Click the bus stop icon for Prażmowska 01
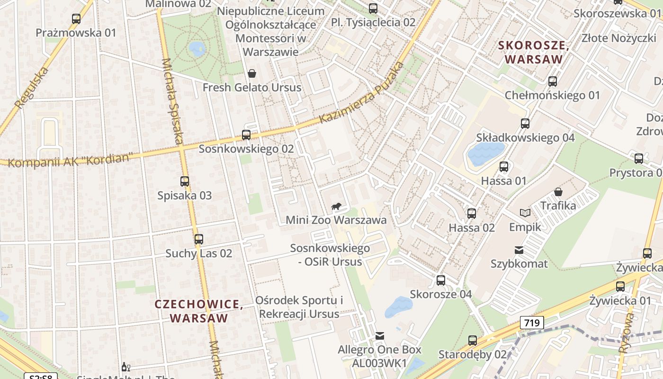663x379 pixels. [x=76, y=19]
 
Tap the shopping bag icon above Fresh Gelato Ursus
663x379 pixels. [x=252, y=73]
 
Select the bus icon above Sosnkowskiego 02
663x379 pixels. [x=246, y=135]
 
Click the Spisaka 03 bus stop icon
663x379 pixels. [x=185, y=181]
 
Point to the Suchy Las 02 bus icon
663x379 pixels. [x=199, y=239]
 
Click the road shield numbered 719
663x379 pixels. [x=532, y=323]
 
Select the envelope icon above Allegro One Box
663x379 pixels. [x=379, y=336]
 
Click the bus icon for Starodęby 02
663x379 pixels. [x=472, y=340]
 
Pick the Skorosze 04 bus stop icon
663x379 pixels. [x=441, y=280]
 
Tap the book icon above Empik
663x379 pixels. [x=525, y=213]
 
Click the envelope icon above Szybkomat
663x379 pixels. [x=519, y=250]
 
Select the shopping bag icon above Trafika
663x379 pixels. [x=558, y=191]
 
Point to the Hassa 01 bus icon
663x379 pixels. [x=504, y=167]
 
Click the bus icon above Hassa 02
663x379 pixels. [x=472, y=213]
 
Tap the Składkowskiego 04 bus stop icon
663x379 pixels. [x=525, y=124]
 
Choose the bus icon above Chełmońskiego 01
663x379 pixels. [x=552, y=81]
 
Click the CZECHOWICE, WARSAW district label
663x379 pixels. [x=199, y=311]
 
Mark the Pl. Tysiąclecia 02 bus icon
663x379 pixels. [x=373, y=8]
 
